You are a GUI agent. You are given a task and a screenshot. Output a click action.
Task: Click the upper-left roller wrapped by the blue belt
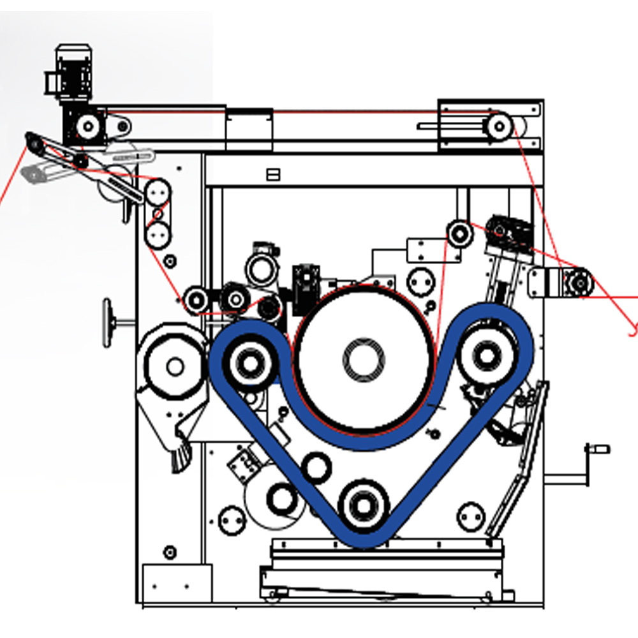click(x=249, y=363)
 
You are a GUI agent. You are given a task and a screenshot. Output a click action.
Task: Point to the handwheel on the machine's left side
click(x=110, y=322)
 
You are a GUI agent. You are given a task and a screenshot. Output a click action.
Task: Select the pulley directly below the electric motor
click(x=87, y=126)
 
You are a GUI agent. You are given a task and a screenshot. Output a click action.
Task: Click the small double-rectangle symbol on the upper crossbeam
click(x=273, y=174)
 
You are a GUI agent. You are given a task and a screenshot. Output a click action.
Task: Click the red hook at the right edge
click(x=632, y=329)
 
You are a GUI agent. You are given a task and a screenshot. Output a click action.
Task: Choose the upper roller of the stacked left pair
click(x=158, y=191)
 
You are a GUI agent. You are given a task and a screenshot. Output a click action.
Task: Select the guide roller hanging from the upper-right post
click(x=458, y=233)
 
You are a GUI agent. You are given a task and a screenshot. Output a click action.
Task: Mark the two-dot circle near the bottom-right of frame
click(x=471, y=516)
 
